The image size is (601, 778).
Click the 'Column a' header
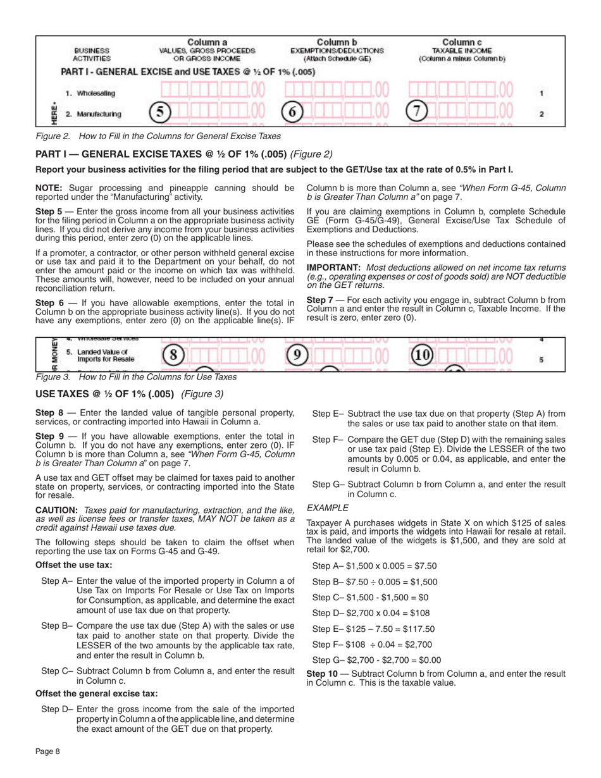[207, 42]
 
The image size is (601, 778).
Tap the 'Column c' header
[462, 42]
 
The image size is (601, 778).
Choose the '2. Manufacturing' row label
[94, 114]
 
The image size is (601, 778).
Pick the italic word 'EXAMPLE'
[327, 507]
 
